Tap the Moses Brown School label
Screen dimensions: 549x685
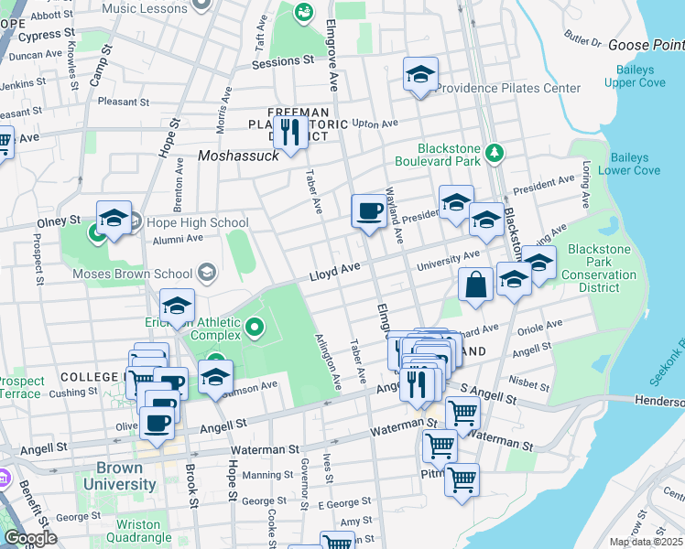(x=134, y=274)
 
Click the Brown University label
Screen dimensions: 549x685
(x=118, y=476)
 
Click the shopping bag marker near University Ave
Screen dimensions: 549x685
(x=476, y=284)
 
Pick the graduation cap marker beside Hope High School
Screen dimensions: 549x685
(x=114, y=218)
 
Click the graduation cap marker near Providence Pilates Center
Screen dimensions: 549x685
(x=420, y=74)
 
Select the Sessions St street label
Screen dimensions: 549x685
(x=283, y=61)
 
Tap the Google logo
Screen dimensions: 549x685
(x=30, y=538)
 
